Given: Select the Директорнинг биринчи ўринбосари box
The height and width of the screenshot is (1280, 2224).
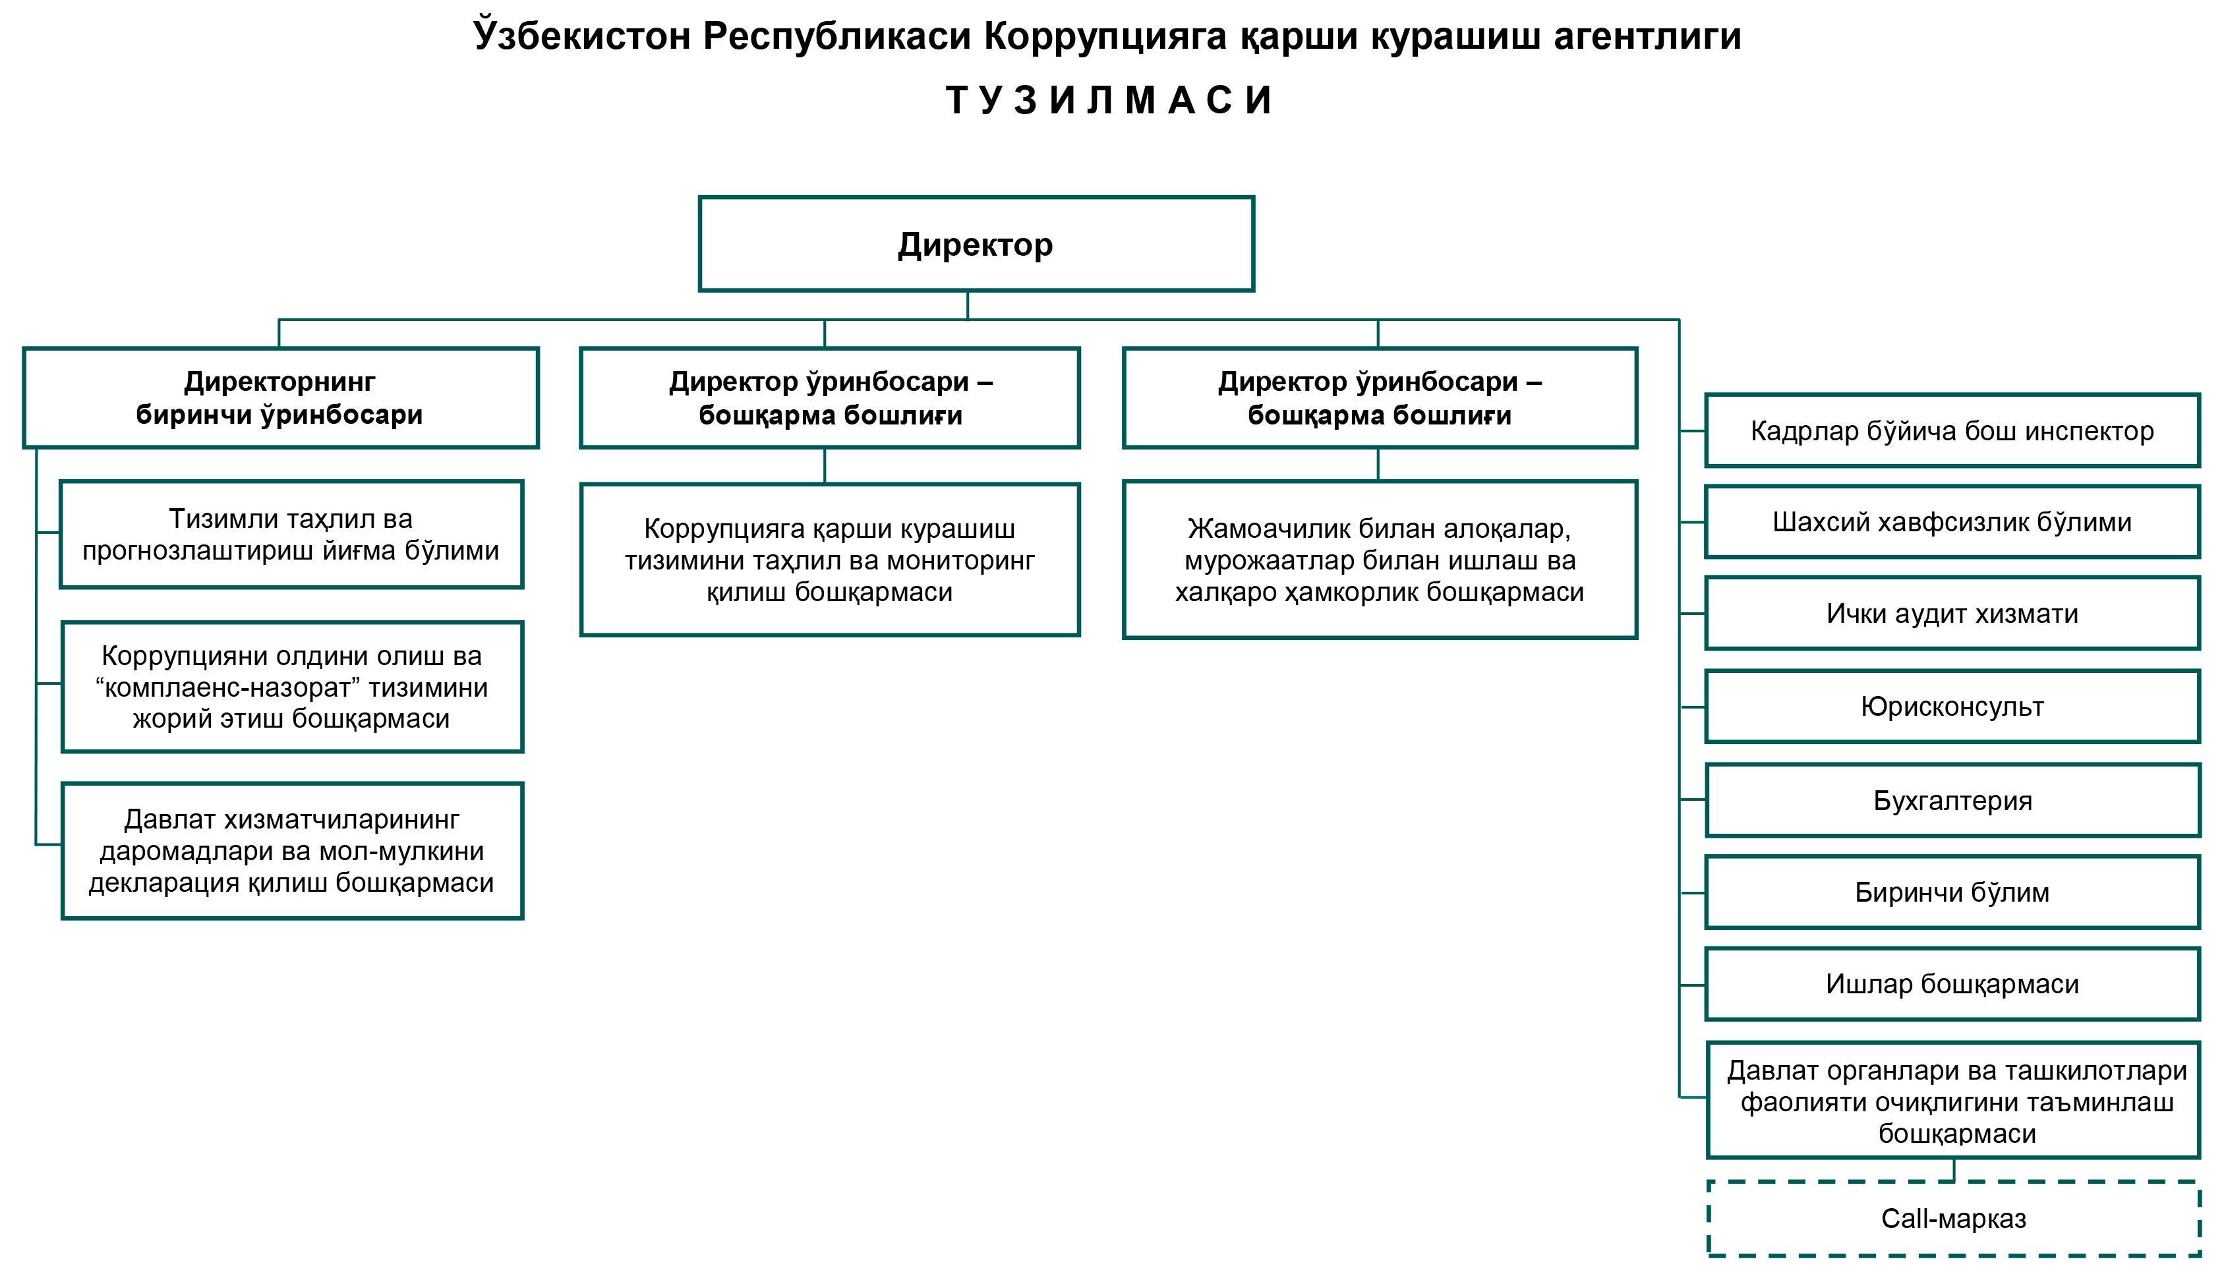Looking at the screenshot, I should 280,398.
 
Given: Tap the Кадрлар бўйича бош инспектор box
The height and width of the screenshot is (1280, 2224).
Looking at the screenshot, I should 1952,431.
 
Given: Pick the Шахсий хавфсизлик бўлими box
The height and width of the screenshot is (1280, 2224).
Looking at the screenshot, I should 1952,522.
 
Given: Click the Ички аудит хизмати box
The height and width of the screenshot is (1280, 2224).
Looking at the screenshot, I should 1952,614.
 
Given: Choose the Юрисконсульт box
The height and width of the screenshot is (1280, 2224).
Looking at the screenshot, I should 1952,707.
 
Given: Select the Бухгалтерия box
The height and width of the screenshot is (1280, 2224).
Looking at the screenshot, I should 1952,801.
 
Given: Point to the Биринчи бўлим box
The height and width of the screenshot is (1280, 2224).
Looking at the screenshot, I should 1952,892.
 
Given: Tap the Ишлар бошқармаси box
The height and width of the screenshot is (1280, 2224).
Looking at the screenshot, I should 1952,984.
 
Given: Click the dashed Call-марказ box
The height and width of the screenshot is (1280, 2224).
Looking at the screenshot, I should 1953,1219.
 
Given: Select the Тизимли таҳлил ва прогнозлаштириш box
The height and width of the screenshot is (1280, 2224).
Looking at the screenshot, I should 291,535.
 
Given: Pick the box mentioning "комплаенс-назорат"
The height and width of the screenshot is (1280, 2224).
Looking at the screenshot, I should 292,687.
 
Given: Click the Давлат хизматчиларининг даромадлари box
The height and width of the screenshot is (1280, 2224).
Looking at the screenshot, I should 292,851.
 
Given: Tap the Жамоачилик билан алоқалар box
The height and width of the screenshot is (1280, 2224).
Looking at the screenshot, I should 1379,560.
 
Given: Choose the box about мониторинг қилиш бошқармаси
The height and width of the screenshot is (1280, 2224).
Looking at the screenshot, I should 830,560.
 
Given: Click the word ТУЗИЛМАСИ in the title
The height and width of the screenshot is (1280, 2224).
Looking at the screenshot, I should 1109,100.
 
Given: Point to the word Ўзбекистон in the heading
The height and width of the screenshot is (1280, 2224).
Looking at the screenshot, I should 582,37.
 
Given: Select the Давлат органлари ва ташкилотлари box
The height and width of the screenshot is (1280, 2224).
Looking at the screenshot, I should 1953,1101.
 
